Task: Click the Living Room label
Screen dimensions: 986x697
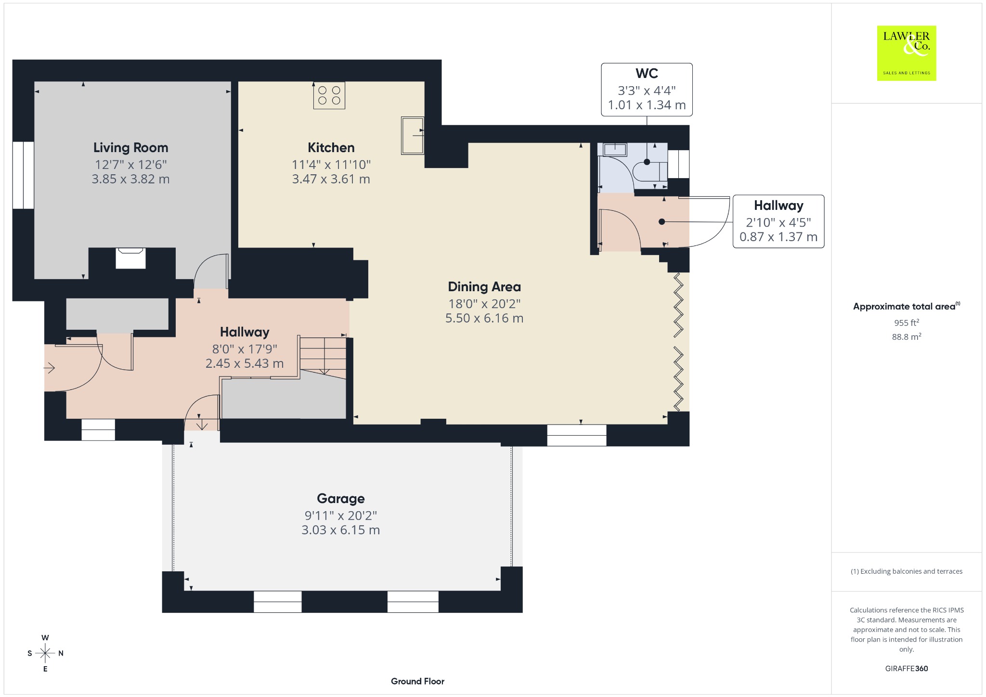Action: (x=130, y=148)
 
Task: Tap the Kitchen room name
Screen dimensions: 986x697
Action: (x=331, y=148)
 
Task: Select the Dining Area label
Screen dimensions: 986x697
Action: (x=484, y=287)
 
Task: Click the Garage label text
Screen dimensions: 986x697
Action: (x=340, y=499)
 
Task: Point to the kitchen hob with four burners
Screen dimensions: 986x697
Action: (x=329, y=95)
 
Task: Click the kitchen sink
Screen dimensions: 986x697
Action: (x=413, y=135)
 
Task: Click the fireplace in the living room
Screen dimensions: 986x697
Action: (x=130, y=258)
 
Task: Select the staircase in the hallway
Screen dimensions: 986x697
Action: (x=323, y=357)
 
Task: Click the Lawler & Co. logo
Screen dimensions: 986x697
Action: (x=907, y=53)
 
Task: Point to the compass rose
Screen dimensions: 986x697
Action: (x=45, y=653)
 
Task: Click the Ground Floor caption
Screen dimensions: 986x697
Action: (x=417, y=681)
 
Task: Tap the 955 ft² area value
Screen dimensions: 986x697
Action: (x=906, y=323)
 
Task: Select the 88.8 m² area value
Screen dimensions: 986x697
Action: (x=907, y=336)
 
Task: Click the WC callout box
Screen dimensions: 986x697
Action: (x=647, y=90)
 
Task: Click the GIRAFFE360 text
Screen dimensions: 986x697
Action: (x=907, y=669)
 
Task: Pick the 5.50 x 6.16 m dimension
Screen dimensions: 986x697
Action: (x=484, y=318)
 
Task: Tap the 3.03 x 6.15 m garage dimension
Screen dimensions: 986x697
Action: (x=340, y=530)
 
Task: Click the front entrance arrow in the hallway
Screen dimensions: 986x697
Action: (x=50, y=368)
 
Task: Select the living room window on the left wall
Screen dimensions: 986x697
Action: (x=23, y=175)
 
